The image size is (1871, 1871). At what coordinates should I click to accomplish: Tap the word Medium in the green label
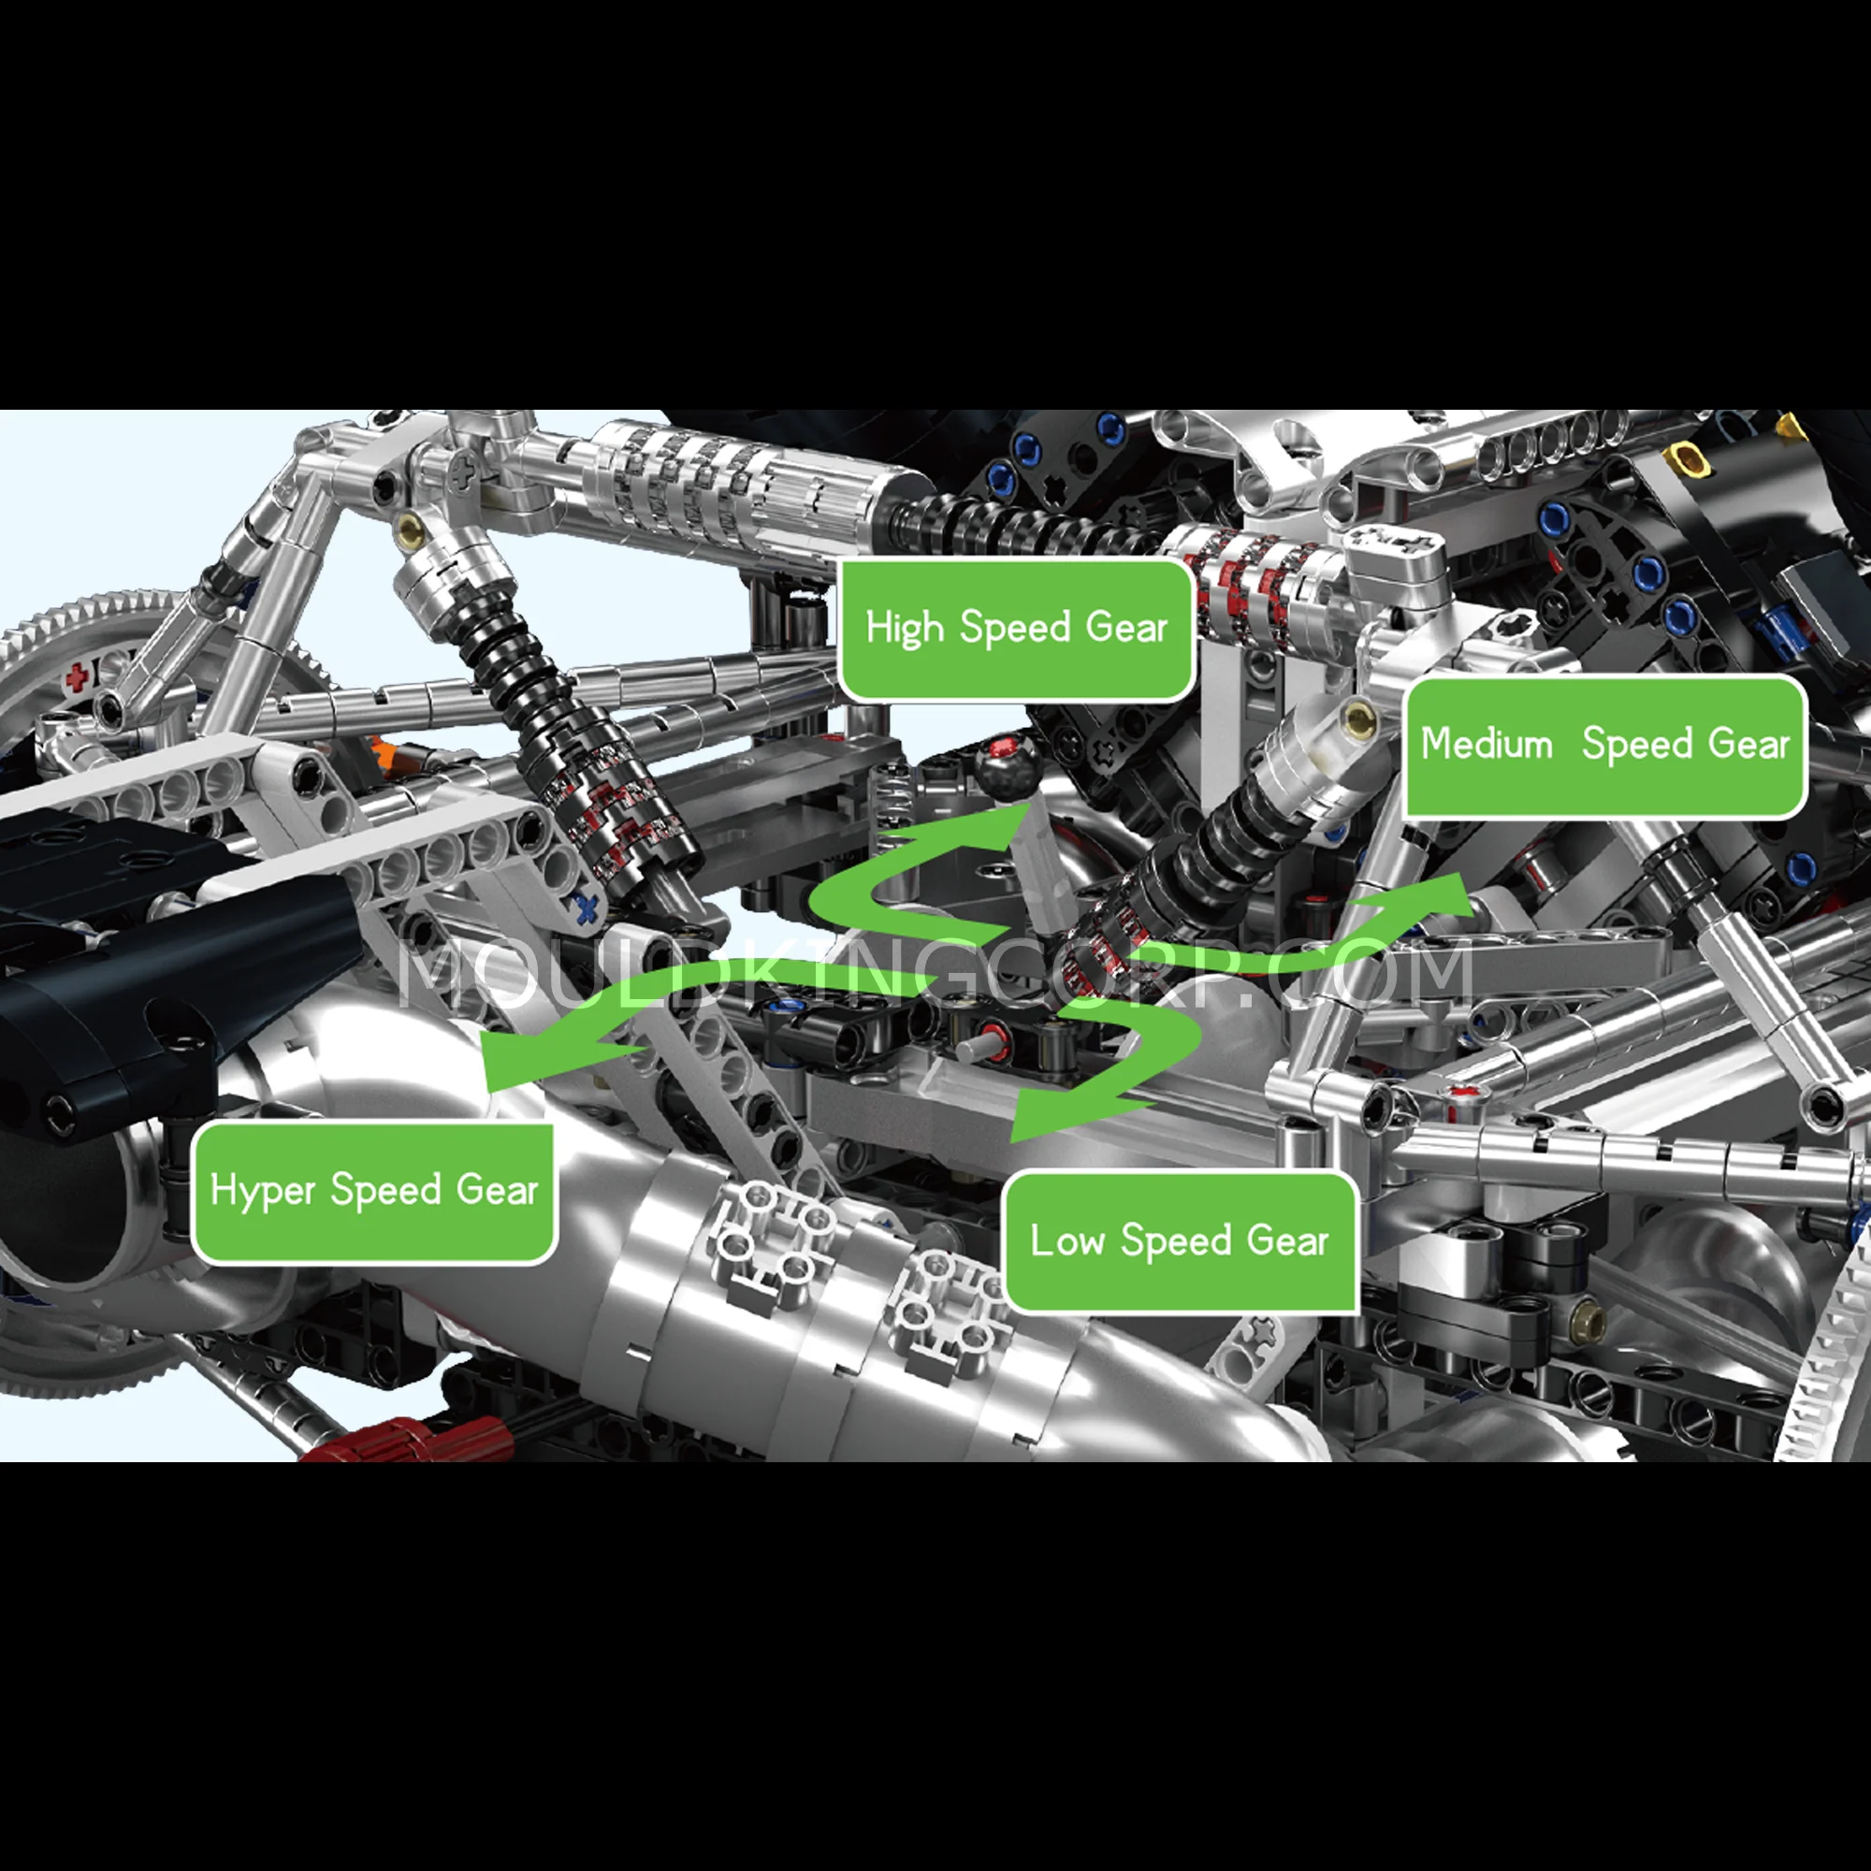point(1487,745)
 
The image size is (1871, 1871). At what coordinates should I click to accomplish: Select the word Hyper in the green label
point(263,1190)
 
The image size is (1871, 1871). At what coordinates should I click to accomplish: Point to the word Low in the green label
point(1067,1240)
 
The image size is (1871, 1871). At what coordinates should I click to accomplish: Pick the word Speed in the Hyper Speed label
point(385,1190)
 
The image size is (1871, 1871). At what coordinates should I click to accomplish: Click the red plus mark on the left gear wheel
point(78,677)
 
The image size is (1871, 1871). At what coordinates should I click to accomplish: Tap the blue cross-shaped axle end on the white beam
point(585,908)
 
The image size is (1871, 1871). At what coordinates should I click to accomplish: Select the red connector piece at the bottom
point(407,1439)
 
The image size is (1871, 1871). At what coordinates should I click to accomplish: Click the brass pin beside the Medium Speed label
point(1361,718)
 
